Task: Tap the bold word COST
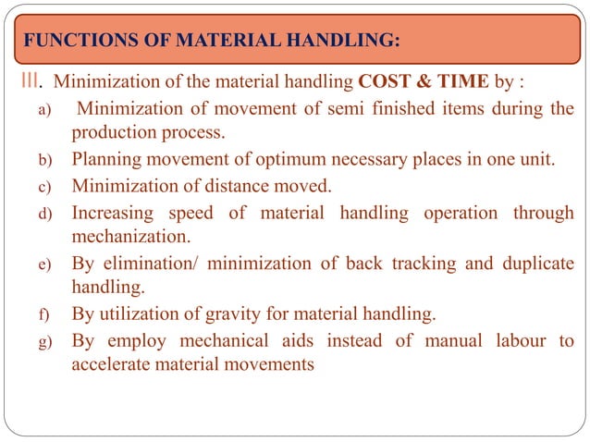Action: tap(385, 82)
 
